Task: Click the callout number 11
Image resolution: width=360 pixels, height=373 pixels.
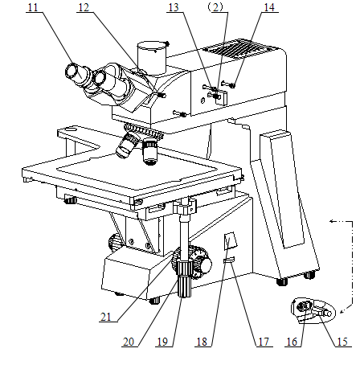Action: click(34, 8)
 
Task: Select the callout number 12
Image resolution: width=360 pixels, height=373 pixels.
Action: click(84, 8)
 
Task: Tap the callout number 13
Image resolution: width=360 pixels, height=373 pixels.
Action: click(197, 7)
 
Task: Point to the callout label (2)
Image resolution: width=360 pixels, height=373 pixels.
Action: click(220, 7)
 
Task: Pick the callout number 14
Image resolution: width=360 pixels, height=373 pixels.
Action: click(268, 7)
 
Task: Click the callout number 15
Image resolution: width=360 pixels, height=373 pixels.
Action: click(342, 342)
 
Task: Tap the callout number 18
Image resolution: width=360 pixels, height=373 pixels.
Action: click(202, 342)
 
